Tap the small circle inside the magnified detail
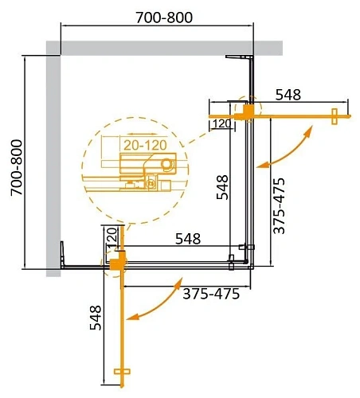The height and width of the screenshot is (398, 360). click(166, 166)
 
